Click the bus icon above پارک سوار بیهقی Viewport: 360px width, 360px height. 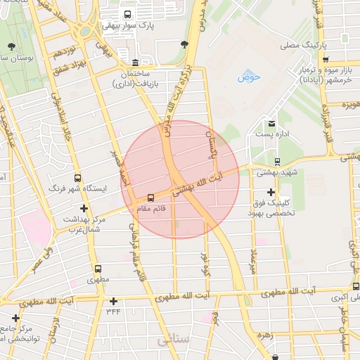click(x=127, y=14)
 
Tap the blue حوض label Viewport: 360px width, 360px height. click(x=249, y=76)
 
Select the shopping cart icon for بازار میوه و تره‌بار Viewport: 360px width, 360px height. click(x=325, y=60)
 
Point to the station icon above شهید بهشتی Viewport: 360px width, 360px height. click(x=276, y=161)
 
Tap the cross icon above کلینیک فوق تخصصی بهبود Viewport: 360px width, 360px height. click(x=271, y=192)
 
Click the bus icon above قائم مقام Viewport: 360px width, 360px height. click(x=150, y=198)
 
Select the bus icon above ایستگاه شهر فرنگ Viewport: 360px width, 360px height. click(x=77, y=178)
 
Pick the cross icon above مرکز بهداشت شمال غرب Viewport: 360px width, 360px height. click(x=84, y=208)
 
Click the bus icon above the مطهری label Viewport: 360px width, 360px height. click(x=97, y=269)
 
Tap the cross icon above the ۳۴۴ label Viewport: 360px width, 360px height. click(x=113, y=301)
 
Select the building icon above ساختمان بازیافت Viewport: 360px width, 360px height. click(x=135, y=62)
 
